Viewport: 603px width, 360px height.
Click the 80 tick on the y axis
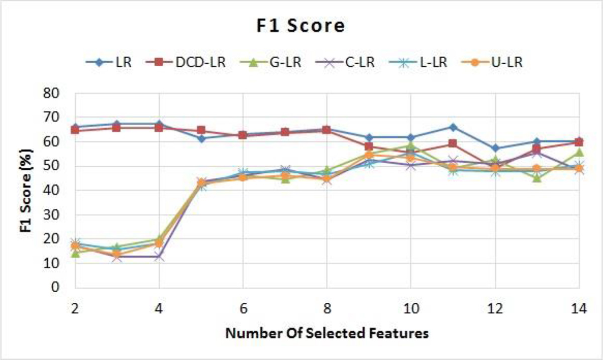52,93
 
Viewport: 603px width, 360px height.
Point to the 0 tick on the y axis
56,288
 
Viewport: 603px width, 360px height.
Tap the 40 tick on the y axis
52,191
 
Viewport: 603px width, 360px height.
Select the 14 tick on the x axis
579,309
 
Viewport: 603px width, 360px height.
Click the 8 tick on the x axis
327,309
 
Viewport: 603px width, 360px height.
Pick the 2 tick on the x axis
75,309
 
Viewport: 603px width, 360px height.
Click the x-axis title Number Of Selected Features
327,333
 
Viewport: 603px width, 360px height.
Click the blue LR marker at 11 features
453,127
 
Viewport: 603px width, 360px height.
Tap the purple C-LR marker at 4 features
159,257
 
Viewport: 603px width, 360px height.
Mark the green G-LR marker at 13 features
537,177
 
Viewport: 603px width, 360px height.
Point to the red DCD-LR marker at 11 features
453,144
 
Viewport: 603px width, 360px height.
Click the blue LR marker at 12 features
495,148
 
